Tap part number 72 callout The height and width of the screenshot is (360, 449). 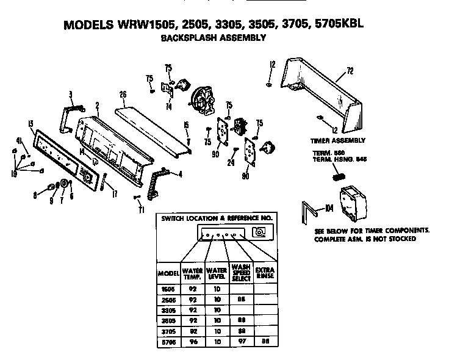tap(350, 71)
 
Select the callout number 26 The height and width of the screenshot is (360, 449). tap(123, 95)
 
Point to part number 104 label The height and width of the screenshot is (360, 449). tap(329, 209)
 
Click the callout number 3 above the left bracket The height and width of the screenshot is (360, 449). tap(71, 94)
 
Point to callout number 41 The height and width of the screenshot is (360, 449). tap(19, 140)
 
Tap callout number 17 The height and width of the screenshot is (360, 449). tap(114, 196)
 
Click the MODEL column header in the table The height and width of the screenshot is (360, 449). tap(167, 273)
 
